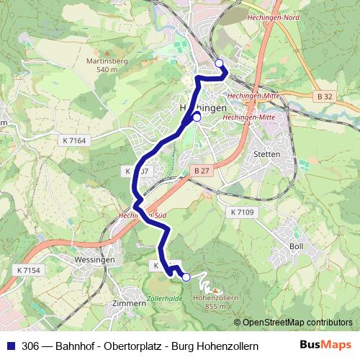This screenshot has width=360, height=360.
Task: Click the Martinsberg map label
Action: click(107, 61)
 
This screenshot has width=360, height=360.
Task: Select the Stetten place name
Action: click(267, 154)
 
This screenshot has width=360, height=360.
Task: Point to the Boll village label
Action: click(296, 246)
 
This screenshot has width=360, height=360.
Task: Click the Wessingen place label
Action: click(94, 260)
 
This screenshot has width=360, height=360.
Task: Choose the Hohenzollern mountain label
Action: click(216, 296)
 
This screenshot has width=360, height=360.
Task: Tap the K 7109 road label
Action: click(243, 212)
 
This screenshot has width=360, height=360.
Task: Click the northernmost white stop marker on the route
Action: click(219, 64)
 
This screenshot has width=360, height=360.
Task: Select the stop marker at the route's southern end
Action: click(186, 277)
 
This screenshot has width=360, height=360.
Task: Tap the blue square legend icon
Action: click(9, 346)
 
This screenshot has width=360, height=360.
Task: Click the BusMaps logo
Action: click(325, 345)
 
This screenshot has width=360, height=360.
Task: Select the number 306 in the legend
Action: click(30, 346)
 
